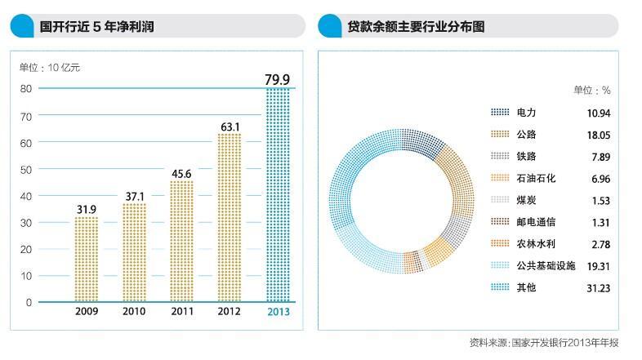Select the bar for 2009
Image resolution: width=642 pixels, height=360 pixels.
click(86, 260)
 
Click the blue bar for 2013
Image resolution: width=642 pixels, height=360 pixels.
click(278, 196)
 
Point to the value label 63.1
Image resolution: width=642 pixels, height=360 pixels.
click(230, 127)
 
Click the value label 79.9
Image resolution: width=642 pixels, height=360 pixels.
click(278, 79)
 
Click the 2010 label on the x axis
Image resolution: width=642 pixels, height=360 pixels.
click(134, 311)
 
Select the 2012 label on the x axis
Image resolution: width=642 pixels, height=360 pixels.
click(230, 311)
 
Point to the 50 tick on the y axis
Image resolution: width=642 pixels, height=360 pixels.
click(26, 169)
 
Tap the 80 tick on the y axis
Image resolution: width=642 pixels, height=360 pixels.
click(26, 88)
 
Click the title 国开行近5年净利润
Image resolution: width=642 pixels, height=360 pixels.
click(97, 27)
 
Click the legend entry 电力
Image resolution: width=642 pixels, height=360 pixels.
click(526, 112)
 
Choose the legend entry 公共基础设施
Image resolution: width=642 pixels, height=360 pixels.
click(546, 266)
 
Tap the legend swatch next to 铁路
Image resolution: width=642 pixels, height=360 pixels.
click(500, 157)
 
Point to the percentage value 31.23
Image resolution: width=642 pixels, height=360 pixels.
click(599, 288)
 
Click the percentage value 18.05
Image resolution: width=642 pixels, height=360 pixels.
click(599, 135)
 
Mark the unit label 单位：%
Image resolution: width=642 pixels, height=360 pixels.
click(591, 90)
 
